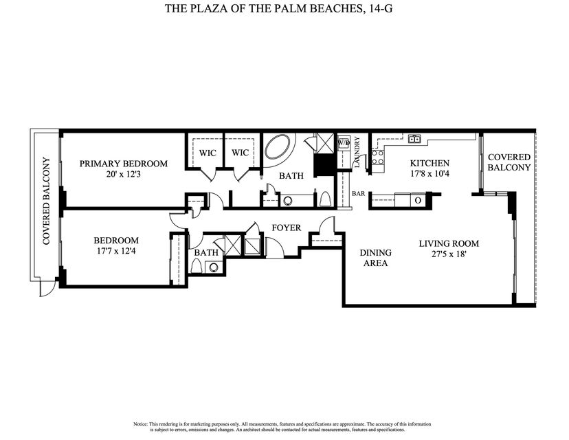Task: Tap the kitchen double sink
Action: tap(414, 139)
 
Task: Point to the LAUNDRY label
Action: tap(358, 153)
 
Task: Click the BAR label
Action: tap(358, 194)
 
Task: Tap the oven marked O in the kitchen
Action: tap(417, 200)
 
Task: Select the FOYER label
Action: tap(286, 228)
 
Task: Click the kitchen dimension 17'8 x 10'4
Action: tap(429, 175)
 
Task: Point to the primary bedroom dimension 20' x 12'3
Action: tap(123, 175)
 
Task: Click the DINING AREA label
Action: tap(375, 257)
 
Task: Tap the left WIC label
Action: tap(208, 153)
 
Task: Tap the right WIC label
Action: tap(240, 153)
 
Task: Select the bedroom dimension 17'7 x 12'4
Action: tap(115, 252)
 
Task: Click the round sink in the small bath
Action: tap(214, 268)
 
